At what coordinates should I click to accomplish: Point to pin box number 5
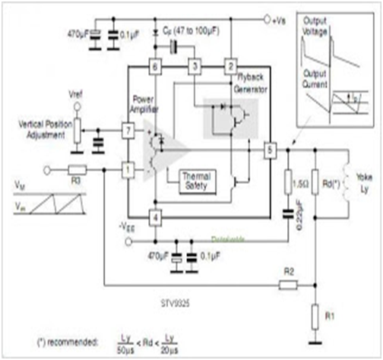(x=268, y=149)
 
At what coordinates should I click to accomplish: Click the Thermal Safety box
(x=185, y=181)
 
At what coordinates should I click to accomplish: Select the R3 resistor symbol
(x=78, y=170)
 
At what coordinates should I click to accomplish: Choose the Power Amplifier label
(x=143, y=103)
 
